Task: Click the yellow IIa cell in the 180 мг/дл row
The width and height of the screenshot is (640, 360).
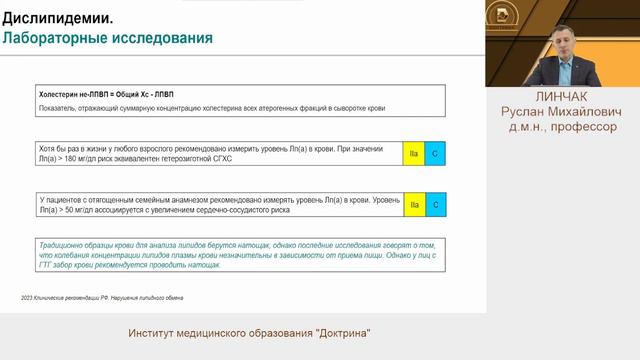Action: click(x=413, y=154)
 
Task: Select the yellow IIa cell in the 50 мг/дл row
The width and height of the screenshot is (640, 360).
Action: click(x=413, y=206)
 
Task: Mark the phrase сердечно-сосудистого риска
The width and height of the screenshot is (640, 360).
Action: click(x=292, y=211)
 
